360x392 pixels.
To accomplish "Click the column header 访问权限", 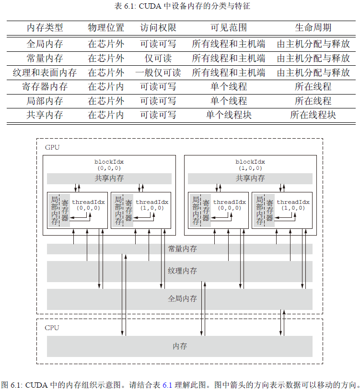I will click(158, 28).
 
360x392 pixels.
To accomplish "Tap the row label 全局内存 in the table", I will click(45, 44).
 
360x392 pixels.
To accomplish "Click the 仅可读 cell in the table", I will click(158, 59).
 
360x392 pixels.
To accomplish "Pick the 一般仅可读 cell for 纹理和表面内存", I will click(158, 73).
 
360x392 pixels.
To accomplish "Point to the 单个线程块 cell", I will click(229, 115).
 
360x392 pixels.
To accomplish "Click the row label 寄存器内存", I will click(45, 87).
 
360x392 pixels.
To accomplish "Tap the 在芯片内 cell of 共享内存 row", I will click(105, 115).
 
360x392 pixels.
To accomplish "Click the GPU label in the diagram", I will click(52, 147).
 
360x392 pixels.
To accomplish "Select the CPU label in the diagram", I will click(52, 328).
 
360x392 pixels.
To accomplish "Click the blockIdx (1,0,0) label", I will click(250, 165).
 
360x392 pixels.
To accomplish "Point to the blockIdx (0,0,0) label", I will click(109, 165).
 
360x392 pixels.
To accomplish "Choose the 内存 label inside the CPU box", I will click(180, 346).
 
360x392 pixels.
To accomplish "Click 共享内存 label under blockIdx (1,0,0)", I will click(250, 178).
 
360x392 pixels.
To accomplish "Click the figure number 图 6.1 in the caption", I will click(12, 385).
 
